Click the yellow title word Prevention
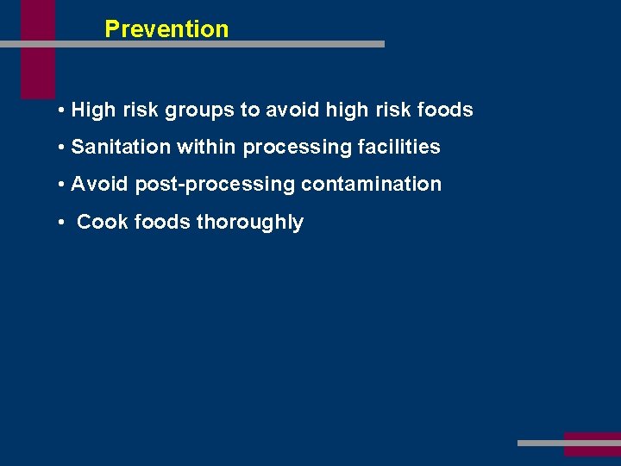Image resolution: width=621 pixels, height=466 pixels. tap(166, 28)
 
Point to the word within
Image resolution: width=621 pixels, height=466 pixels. tap(207, 148)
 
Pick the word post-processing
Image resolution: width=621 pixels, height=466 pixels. tap(215, 185)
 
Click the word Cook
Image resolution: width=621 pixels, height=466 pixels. tap(102, 223)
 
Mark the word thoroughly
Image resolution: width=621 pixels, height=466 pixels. tap(250, 223)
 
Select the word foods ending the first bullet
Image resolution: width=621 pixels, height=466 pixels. tap(445, 110)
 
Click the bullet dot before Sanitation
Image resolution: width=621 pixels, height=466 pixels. tap(63, 148)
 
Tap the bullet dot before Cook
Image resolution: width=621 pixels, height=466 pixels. tap(63, 223)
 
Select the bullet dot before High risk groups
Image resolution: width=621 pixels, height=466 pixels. tap(63, 110)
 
